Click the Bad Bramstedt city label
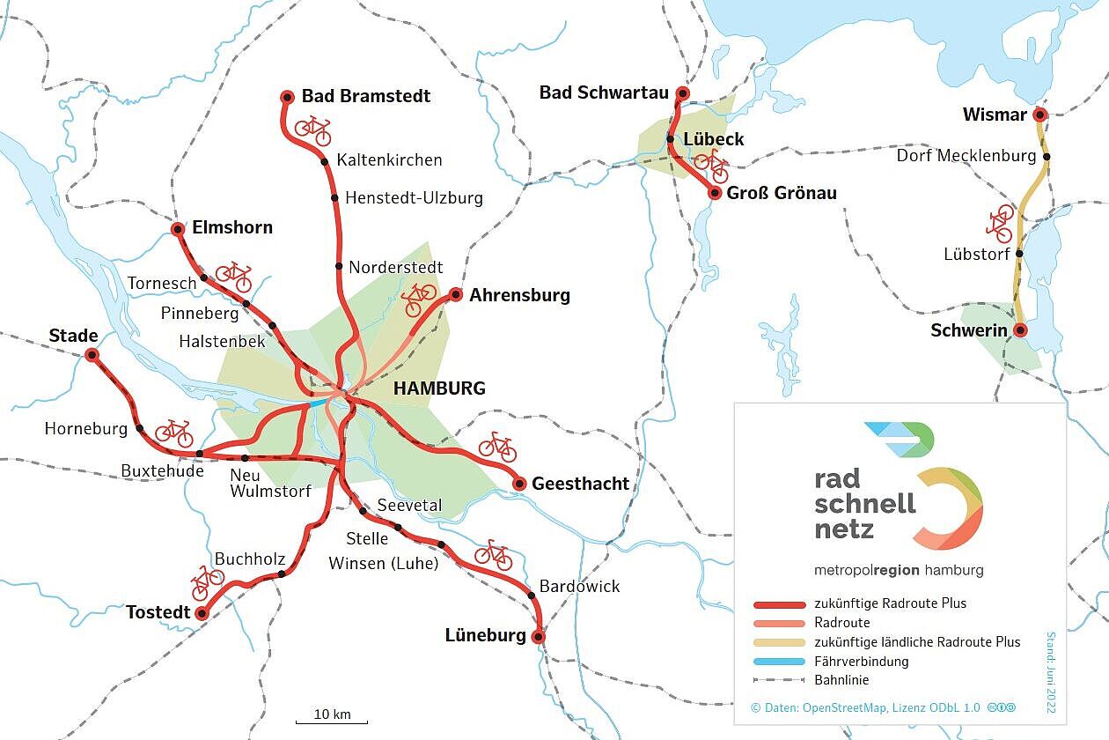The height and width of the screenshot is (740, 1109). click(x=366, y=95)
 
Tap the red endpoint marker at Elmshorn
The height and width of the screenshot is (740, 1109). click(x=178, y=229)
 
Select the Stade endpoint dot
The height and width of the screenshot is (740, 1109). click(x=92, y=355)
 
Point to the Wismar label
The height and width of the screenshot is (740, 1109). click(x=995, y=115)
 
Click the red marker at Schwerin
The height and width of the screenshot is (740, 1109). click(x=1020, y=330)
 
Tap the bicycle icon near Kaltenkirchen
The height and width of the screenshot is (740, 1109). click(x=312, y=130)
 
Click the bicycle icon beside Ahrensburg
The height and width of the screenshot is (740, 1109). click(x=419, y=299)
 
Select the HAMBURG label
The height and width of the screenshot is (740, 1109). click(x=439, y=388)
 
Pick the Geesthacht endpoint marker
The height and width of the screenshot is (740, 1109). click(x=519, y=483)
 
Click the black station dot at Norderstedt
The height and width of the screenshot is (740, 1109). click(x=339, y=266)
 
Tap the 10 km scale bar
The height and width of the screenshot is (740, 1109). click(x=331, y=721)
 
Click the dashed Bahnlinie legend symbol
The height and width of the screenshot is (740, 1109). click(x=779, y=680)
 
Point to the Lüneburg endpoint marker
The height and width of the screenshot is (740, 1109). click(x=539, y=636)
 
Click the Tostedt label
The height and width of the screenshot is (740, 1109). click(x=158, y=611)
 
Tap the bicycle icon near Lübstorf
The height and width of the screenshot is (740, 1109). click(x=1001, y=224)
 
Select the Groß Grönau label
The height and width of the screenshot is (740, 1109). click(x=782, y=193)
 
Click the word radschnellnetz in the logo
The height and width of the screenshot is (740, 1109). click(x=865, y=503)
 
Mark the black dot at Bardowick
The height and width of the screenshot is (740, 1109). click(x=532, y=596)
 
